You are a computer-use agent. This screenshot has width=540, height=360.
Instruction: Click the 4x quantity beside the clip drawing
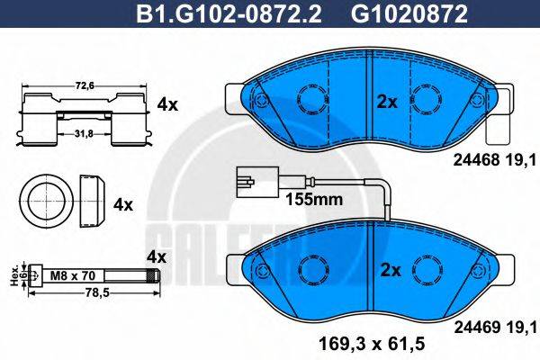167,104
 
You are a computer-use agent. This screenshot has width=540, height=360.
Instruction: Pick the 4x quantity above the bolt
157,256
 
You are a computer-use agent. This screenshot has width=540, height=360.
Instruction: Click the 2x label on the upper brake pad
387,103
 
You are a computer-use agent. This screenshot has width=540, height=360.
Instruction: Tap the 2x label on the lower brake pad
387,269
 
